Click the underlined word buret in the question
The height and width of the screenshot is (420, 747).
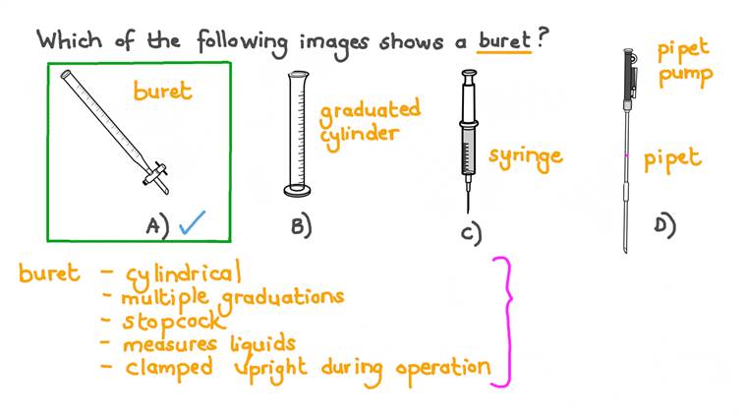[x=504, y=41]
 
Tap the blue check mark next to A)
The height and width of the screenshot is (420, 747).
[x=191, y=223]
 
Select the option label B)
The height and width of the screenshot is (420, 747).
[x=301, y=225]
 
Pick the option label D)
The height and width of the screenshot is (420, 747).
[x=664, y=225]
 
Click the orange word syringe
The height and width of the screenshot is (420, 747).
[x=525, y=155]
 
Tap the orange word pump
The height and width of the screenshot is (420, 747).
[x=685, y=76]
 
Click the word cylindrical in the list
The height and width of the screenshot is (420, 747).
[x=183, y=273]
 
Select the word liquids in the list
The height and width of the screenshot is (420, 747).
[x=260, y=343]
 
